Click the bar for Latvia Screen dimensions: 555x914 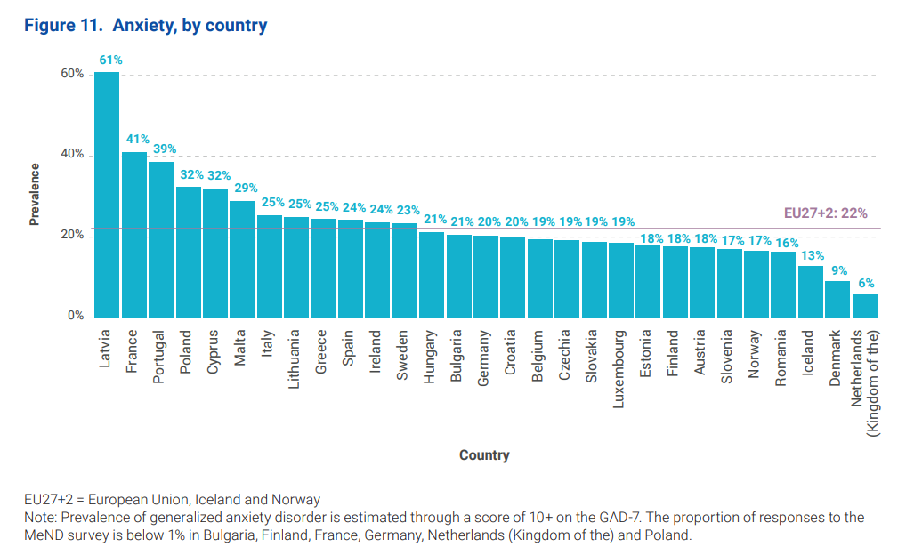click(x=107, y=195)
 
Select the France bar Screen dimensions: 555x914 click(x=134, y=235)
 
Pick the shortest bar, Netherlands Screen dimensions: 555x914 click(x=865, y=306)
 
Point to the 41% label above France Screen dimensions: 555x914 click(x=138, y=139)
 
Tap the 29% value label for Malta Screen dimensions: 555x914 click(x=246, y=188)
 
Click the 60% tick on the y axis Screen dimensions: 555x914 click(x=72, y=74)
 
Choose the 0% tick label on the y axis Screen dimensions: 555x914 click(x=75, y=317)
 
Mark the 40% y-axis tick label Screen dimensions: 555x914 click(x=72, y=155)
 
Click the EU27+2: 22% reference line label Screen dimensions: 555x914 click(x=825, y=213)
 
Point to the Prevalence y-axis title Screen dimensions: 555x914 click(x=35, y=194)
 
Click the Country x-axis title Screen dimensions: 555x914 click(x=484, y=455)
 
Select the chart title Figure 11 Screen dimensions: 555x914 click(x=145, y=26)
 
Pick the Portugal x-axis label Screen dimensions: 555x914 click(x=159, y=357)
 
